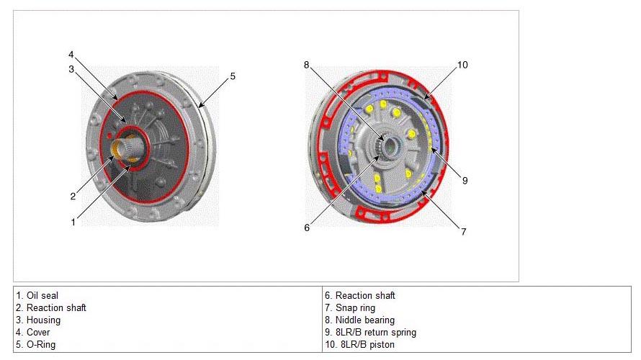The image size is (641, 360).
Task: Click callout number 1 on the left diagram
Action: [73, 222]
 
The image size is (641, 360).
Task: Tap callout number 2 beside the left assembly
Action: [73, 196]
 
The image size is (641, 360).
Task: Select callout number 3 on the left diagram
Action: [71, 69]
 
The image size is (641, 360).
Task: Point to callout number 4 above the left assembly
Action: [71, 54]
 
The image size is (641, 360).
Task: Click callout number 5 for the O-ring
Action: [233, 76]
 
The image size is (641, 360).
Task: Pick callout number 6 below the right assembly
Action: [307, 228]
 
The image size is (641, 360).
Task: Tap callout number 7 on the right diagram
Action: [464, 232]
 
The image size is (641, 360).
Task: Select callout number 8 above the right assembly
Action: [307, 65]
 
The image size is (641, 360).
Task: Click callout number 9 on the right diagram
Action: [465, 180]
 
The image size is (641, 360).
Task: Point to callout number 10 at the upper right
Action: [462, 65]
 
